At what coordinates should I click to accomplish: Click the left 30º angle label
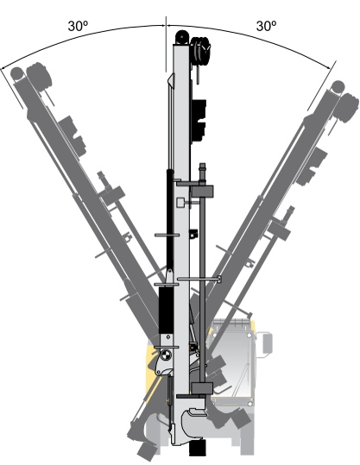pyautogui.click(x=78, y=26)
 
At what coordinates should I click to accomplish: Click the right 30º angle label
pyautogui.click(x=266, y=26)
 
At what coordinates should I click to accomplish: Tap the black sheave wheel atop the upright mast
pyautogui.click(x=182, y=37)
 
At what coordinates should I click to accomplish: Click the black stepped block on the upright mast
pyautogui.click(x=199, y=121)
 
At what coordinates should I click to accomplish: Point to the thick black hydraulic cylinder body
pyautogui.click(x=167, y=310)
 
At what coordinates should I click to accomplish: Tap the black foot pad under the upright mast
pyautogui.click(x=198, y=448)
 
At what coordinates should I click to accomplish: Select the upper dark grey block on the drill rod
pyautogui.click(x=202, y=192)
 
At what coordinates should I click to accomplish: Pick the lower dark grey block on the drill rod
pyautogui.click(x=202, y=388)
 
